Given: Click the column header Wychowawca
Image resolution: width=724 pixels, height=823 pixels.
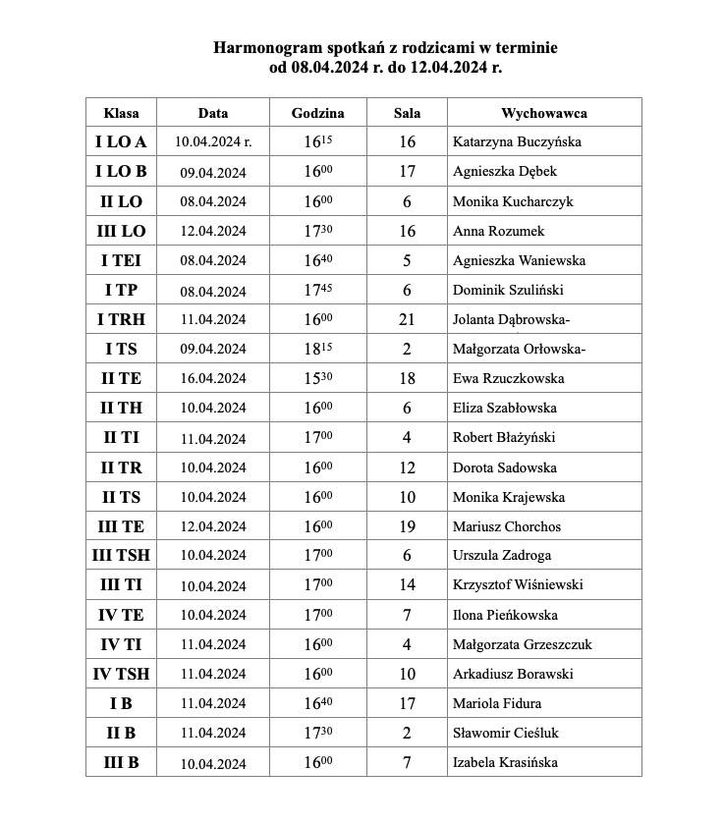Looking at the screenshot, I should [x=543, y=113].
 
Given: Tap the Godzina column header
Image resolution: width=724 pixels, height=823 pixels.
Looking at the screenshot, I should [x=317, y=113].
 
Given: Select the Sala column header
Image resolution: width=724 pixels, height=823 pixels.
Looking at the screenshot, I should [x=407, y=113].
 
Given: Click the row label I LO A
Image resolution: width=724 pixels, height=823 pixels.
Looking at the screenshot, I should [x=121, y=142].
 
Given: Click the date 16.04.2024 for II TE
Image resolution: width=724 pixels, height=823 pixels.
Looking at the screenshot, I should [x=212, y=379].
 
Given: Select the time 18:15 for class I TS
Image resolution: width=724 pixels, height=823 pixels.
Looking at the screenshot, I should [x=317, y=350].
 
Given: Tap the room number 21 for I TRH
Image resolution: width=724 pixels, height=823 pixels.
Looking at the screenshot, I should [x=407, y=320].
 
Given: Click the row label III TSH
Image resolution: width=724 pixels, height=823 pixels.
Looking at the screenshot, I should [x=121, y=556].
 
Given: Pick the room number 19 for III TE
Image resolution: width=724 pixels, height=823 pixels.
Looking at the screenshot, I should [x=407, y=526].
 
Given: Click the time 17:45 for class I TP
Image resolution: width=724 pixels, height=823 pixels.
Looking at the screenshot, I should [x=317, y=291].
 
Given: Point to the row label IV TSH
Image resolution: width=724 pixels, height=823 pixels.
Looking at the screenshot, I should [x=121, y=675].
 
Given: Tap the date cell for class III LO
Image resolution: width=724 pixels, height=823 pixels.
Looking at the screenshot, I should [x=212, y=232].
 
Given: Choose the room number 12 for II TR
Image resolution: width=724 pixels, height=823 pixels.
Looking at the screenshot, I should [x=407, y=467].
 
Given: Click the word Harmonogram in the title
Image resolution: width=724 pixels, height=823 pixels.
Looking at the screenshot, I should [x=264, y=48].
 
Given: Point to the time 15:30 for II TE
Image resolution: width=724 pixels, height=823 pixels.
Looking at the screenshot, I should [x=317, y=379].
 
